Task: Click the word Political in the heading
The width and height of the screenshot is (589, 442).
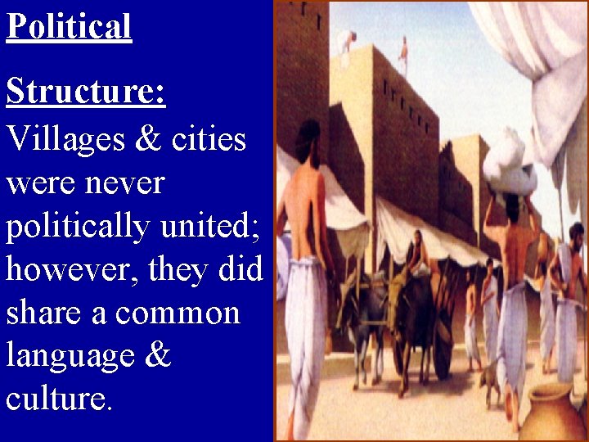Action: click(x=69, y=26)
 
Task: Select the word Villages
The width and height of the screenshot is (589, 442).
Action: click(x=62, y=138)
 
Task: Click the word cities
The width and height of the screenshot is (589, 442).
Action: click(x=209, y=138)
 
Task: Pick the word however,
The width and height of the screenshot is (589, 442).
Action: click(x=71, y=270)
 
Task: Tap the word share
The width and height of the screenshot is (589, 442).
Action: click(x=43, y=313)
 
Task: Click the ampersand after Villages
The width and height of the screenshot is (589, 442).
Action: click(x=147, y=138)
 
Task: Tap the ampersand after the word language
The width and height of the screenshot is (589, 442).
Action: click(x=158, y=357)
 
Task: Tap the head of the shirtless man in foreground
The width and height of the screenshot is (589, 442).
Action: click(x=308, y=135)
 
